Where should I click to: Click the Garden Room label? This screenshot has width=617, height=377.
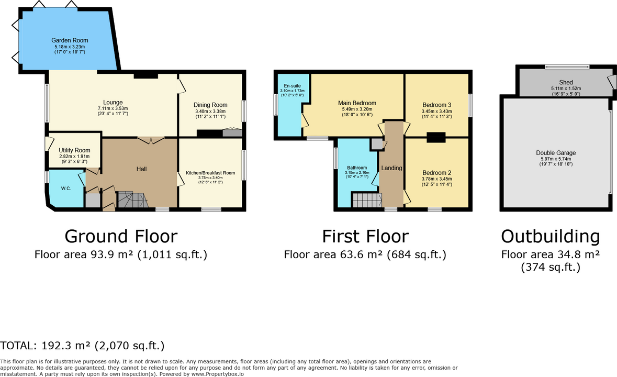(x=70, y=40)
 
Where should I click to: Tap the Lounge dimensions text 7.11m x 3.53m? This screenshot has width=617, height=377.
(x=113, y=108)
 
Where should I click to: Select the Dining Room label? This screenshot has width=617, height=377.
(x=210, y=105)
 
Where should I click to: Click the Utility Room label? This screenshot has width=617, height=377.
(x=74, y=150)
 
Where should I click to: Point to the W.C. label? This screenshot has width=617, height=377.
(x=66, y=188)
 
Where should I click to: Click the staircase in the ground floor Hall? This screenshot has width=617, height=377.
(x=132, y=199)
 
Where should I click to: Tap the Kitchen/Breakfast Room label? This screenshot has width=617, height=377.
(x=210, y=173)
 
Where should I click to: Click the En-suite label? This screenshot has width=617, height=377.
(x=293, y=86)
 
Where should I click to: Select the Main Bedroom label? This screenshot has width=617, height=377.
(x=357, y=103)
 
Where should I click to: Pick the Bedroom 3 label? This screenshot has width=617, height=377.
(x=437, y=105)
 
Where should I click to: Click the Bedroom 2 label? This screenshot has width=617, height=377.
(x=437, y=172)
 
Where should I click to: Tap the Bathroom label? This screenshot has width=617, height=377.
(x=357, y=168)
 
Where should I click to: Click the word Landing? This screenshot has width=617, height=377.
(x=391, y=168)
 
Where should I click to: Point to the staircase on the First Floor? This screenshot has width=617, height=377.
(x=367, y=199)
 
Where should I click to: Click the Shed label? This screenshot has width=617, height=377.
(x=566, y=82)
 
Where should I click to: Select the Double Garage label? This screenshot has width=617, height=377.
(x=556, y=153)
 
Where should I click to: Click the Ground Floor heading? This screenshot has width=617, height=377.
(x=121, y=236)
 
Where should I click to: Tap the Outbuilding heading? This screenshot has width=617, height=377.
(x=551, y=236)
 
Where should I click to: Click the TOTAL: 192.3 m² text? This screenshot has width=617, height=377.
(x=45, y=346)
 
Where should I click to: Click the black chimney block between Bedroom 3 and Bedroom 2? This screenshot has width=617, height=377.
(x=436, y=137)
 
